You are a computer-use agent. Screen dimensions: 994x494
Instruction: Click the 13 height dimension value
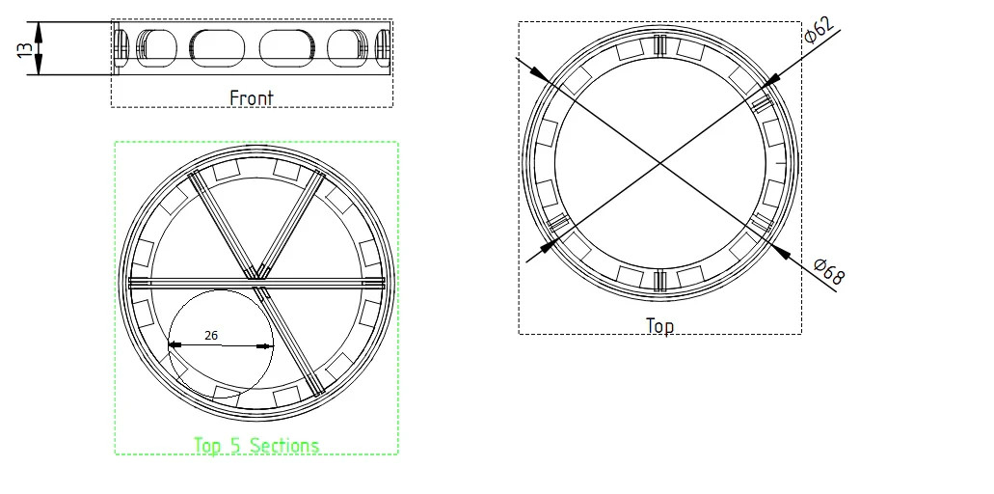click(24, 50)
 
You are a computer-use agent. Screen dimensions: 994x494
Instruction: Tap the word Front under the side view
click(251, 98)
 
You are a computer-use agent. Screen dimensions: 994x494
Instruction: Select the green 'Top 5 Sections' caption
click(256, 445)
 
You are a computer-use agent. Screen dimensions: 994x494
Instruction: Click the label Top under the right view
click(659, 326)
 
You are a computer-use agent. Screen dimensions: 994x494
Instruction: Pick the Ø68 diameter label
click(829, 271)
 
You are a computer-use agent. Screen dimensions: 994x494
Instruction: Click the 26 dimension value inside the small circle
click(211, 336)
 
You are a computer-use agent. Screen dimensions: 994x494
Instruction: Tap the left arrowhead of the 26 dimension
click(175, 345)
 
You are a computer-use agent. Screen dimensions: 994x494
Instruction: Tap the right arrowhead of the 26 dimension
click(266, 345)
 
